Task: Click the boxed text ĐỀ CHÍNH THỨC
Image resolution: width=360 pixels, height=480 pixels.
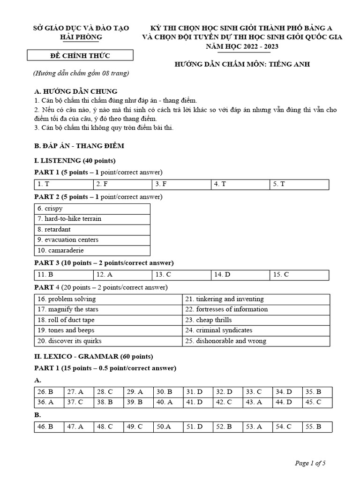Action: [x=80, y=56]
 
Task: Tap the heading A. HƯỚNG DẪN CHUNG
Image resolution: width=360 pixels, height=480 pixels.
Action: [x=76, y=91]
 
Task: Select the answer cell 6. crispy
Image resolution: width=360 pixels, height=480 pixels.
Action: [x=92, y=209]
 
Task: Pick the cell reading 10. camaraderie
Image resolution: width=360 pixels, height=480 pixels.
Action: [x=92, y=250]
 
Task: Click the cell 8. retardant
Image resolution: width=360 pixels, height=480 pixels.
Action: [x=92, y=229]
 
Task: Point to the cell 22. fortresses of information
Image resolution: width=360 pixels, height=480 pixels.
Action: [x=256, y=309]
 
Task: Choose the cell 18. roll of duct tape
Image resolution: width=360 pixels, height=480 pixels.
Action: [x=108, y=320]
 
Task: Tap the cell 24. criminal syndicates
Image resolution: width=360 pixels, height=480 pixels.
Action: [x=256, y=330]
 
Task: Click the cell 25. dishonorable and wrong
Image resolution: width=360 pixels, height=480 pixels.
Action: [x=256, y=341]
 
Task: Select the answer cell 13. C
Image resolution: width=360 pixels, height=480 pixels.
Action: [x=181, y=275]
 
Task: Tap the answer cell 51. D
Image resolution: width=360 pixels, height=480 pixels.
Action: [x=197, y=427]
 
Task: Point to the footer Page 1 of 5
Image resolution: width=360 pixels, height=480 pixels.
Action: [x=310, y=464]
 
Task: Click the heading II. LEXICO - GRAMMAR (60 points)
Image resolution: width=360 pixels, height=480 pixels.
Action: [x=94, y=356]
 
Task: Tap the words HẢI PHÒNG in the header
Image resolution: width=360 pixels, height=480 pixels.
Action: [x=80, y=37]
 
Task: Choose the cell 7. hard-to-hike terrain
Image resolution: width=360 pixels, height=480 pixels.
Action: [x=92, y=219]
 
